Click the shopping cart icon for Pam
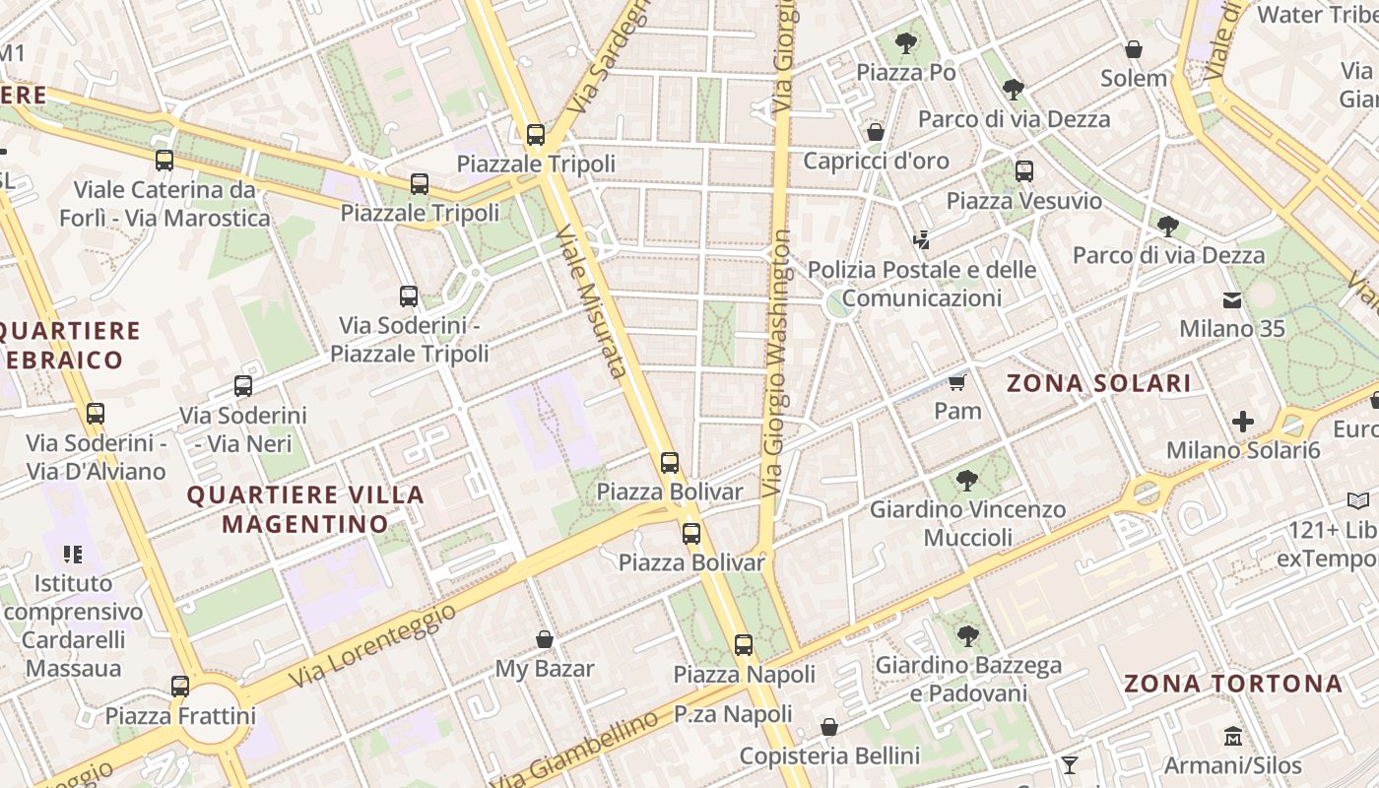[x=956, y=381]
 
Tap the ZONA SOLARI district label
[x=1098, y=383]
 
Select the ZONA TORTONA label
[x=1233, y=683]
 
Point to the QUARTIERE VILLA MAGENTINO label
[x=305, y=508]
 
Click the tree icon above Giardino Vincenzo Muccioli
[x=967, y=481]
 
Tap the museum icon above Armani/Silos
[x=1232, y=736]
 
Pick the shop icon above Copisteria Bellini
[x=829, y=727]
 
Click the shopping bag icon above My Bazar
[x=544, y=639]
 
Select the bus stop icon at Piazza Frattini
[x=179, y=686]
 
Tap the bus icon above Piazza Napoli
[x=744, y=645]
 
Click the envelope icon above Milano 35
[x=1232, y=299]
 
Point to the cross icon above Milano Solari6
[x=1243, y=422]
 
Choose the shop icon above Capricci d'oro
[x=876, y=132]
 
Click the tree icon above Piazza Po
[x=905, y=43]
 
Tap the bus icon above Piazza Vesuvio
[x=1023, y=171]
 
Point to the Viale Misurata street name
[x=590, y=301]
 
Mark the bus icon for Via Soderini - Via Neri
[x=242, y=386]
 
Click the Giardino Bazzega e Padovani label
[x=968, y=679]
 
